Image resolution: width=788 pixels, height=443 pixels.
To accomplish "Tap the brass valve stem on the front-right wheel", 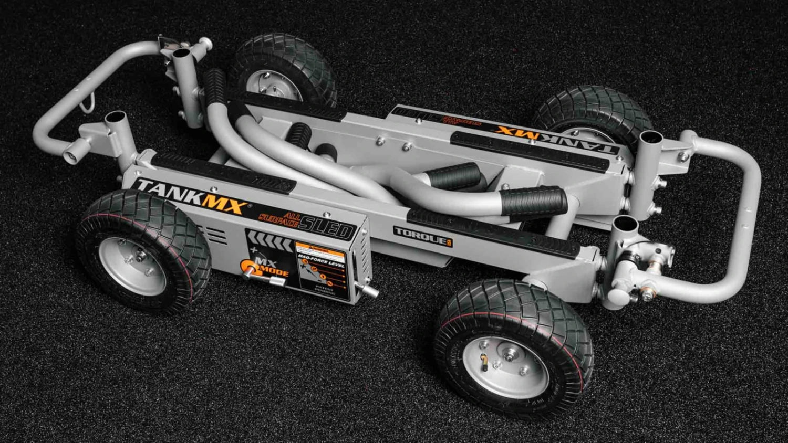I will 484,362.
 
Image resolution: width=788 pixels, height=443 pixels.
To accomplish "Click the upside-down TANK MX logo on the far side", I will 557,138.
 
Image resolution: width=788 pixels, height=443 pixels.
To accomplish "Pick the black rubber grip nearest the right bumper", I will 533,202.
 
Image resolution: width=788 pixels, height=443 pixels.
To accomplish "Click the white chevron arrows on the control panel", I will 269,241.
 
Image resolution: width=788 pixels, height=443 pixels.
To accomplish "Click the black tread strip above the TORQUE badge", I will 494,231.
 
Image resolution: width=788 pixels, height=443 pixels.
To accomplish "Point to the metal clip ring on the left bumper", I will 87,102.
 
